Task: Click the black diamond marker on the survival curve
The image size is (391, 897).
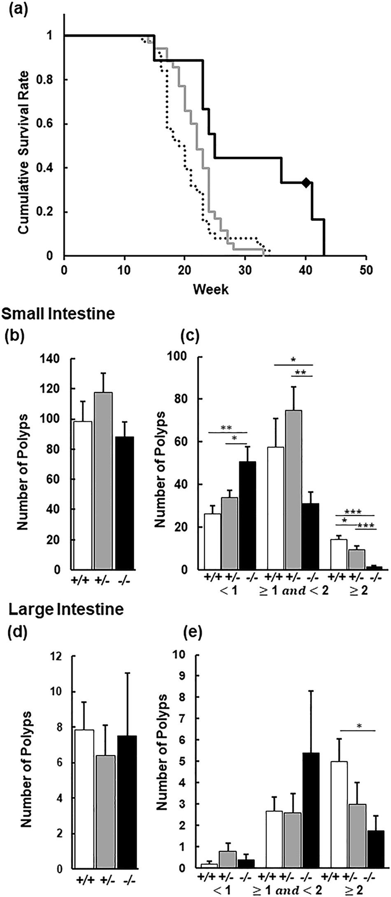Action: [x=306, y=183]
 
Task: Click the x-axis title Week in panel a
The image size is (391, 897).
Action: [x=211, y=289]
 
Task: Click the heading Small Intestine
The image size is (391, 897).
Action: [x=58, y=314]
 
